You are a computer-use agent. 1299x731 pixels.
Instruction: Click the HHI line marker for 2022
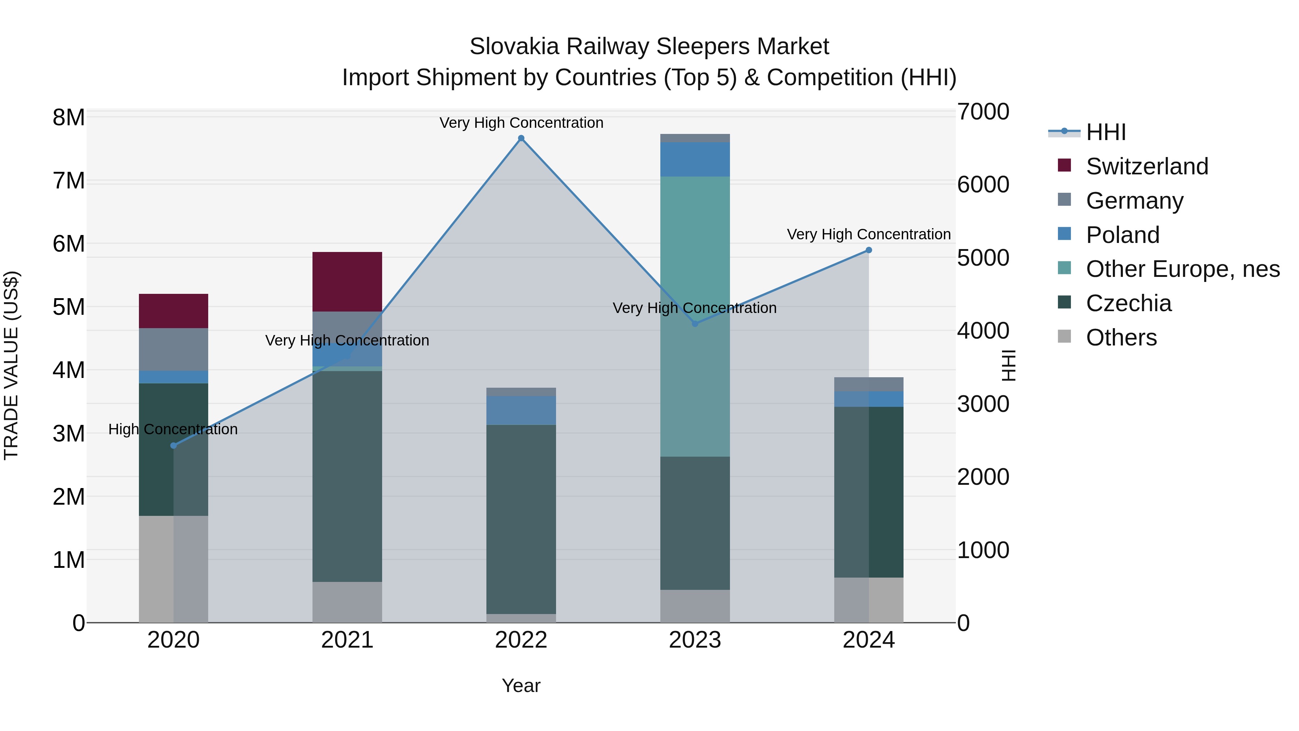click(x=521, y=138)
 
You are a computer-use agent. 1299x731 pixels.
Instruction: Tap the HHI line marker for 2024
click(x=869, y=250)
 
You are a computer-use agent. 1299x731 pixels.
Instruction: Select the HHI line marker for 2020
click(x=174, y=445)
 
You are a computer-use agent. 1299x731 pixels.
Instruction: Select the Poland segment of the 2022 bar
click(x=521, y=410)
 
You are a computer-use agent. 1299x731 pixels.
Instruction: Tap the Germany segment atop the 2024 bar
click(x=869, y=384)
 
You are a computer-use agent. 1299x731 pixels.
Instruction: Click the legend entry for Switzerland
click(x=1146, y=166)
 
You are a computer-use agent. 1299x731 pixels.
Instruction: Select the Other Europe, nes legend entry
click(x=1182, y=269)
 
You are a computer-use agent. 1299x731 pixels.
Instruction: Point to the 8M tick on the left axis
click(x=69, y=118)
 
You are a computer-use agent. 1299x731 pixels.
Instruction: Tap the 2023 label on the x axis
click(x=695, y=640)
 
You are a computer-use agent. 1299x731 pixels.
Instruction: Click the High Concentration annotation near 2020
click(x=173, y=429)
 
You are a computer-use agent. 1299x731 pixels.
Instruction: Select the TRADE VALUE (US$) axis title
click(x=11, y=365)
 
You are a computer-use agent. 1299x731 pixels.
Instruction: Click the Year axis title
click(x=521, y=686)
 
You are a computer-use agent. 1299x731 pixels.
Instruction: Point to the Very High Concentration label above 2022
click(x=521, y=123)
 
